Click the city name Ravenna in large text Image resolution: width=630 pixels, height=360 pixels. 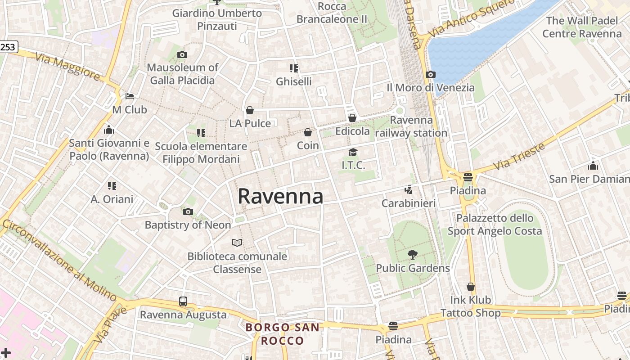(280, 196)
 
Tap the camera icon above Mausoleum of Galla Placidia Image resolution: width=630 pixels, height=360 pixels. (182, 55)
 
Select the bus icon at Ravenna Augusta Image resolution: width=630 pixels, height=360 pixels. (183, 301)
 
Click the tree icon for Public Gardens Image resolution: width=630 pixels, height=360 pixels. (412, 255)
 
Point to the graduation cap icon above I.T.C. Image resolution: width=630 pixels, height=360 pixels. (353, 153)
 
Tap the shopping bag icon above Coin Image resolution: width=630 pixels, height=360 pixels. (308, 132)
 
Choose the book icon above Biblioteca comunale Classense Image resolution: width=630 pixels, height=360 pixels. (237, 243)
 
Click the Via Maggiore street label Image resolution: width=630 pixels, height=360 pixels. (67, 67)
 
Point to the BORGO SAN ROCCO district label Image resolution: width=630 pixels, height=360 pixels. (283, 334)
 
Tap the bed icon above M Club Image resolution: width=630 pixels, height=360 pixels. (130, 96)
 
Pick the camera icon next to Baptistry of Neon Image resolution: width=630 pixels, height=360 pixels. (188, 211)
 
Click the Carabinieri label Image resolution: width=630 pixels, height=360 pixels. (409, 203)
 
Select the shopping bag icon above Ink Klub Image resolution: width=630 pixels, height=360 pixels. (471, 287)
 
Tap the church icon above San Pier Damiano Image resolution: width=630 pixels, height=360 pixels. (593, 166)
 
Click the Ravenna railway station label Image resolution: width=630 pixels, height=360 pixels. (411, 126)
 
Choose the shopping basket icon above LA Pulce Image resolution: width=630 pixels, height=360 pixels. (250, 110)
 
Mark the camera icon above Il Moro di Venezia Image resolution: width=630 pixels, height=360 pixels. (431, 74)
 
